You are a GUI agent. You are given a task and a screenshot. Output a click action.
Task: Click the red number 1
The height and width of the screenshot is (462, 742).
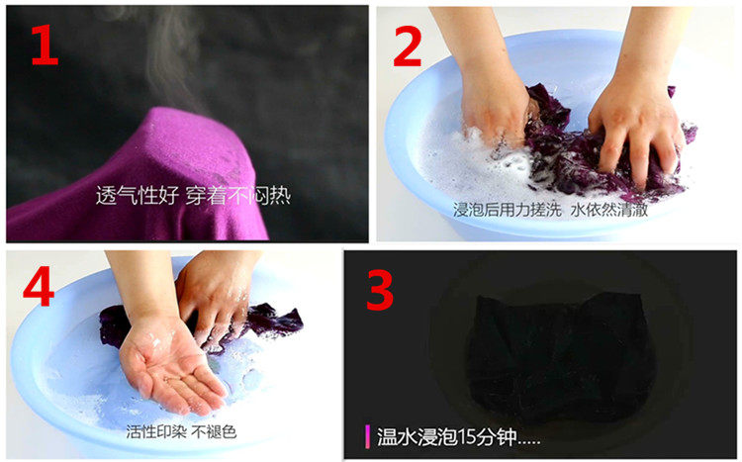45,45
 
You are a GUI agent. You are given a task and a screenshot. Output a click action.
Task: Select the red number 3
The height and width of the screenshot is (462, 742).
380,290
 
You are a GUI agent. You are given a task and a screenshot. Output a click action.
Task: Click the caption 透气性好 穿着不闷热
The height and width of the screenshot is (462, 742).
193,195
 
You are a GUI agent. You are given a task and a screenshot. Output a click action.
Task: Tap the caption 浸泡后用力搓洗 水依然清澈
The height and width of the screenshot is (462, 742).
550,210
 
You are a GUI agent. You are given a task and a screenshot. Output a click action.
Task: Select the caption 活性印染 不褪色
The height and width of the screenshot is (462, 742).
181,431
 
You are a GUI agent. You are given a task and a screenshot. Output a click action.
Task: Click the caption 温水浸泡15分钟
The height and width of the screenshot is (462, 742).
458,436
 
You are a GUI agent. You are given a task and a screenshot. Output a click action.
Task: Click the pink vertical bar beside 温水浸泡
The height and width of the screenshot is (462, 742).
367,436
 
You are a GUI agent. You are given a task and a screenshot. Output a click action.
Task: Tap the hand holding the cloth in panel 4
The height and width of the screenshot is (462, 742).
218,294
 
